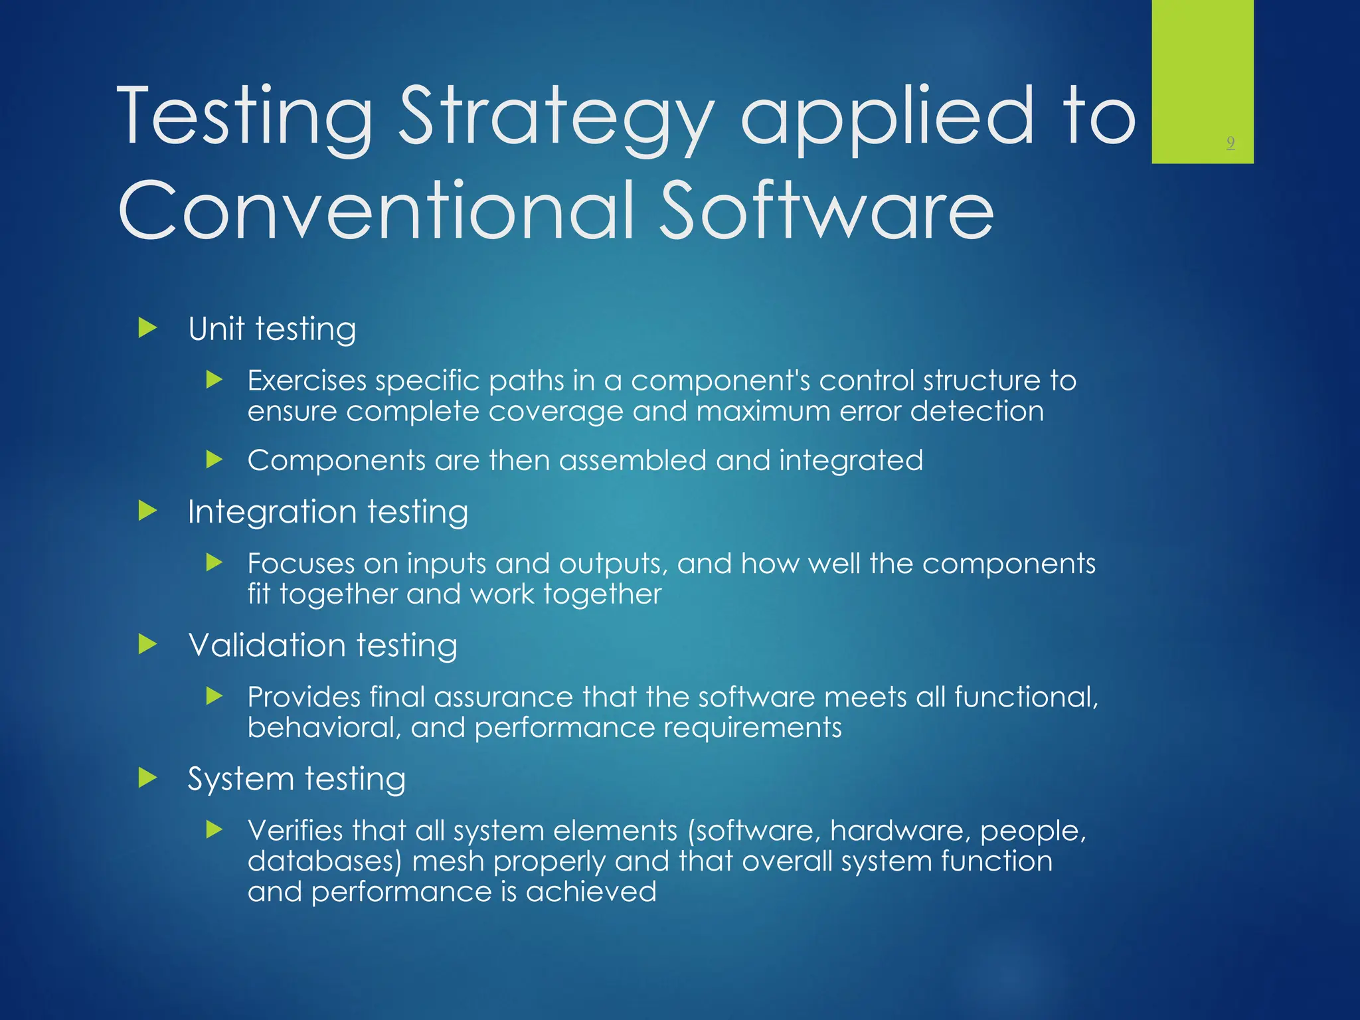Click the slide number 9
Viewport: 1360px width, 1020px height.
[1231, 143]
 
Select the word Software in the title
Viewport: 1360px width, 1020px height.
[827, 211]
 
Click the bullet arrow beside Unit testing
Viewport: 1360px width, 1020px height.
[147, 328]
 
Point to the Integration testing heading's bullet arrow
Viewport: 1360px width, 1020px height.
[147, 511]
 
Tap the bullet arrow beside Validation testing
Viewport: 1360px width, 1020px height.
[147, 644]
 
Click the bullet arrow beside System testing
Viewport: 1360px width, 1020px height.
[147, 778]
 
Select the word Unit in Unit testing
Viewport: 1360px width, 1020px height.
[216, 329]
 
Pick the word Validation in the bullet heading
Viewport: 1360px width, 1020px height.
[267, 645]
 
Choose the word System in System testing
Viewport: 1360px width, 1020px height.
[240, 780]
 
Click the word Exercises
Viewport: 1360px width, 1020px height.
[307, 381]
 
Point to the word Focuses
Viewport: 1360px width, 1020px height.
[301, 564]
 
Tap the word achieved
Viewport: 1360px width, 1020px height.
[591, 892]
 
